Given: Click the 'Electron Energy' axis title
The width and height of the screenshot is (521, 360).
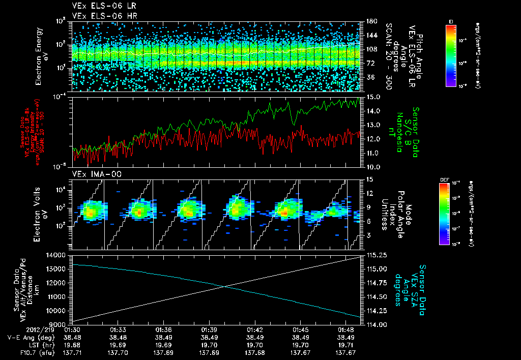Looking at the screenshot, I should pyautogui.click(x=38, y=56).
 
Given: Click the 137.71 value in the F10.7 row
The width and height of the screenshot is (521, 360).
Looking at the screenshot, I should pyautogui.click(x=72, y=352).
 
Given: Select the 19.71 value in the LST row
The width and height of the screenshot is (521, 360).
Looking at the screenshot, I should pyautogui.click(x=351, y=344).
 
